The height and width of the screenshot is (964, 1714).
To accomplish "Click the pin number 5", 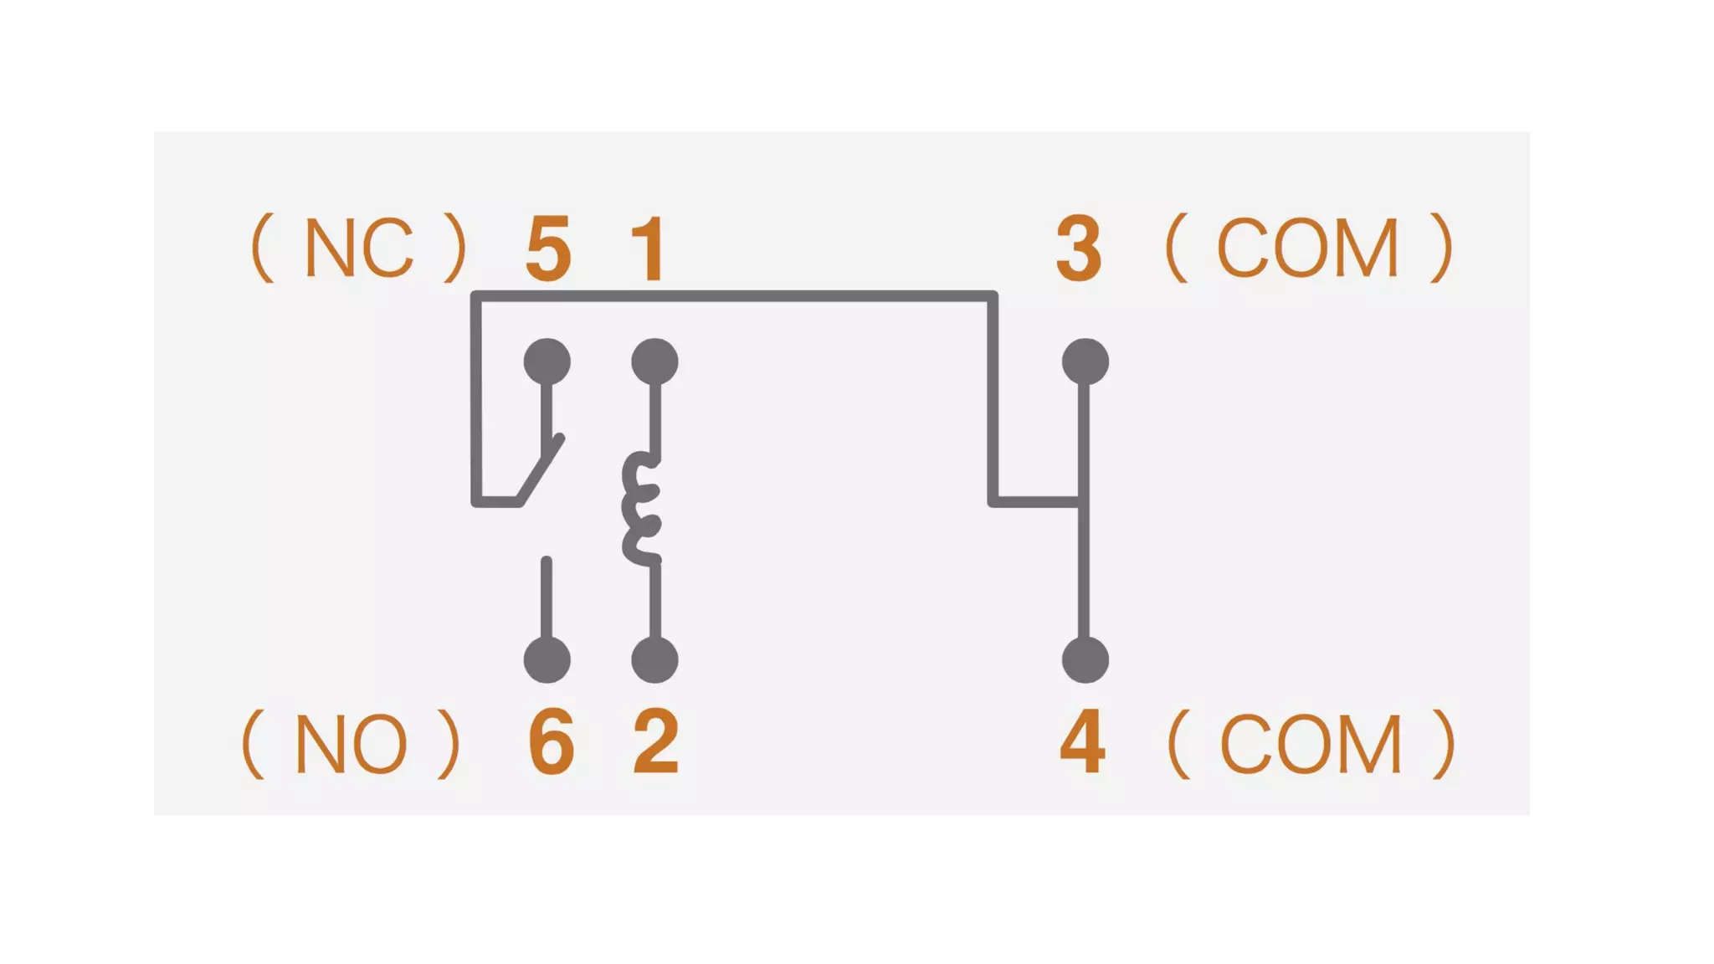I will pyautogui.click(x=548, y=249).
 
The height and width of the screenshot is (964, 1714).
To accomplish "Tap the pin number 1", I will pyautogui.click(x=650, y=249).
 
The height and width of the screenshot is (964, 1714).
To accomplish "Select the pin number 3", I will pyautogui.click(x=1079, y=249).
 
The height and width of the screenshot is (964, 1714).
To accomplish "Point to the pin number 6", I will pyautogui.click(x=552, y=741).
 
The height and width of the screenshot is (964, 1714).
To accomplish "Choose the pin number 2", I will pyautogui.click(x=655, y=741).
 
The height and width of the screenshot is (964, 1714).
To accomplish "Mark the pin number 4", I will pyautogui.click(x=1082, y=741).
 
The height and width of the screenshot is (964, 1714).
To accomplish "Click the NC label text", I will pyautogui.click(x=358, y=249).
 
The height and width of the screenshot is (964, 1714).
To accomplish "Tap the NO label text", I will pyautogui.click(x=351, y=745).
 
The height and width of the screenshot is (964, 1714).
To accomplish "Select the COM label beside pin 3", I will pyautogui.click(x=1307, y=249).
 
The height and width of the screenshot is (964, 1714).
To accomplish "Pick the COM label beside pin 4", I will pyautogui.click(x=1311, y=745).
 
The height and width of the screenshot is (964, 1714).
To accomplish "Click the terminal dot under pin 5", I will pyautogui.click(x=547, y=361).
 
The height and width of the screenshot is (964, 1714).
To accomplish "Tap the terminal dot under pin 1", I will pyautogui.click(x=654, y=361).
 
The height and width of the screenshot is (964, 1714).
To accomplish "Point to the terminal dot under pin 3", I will pyautogui.click(x=1085, y=361).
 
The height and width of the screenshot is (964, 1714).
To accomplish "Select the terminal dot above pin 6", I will pyautogui.click(x=547, y=659).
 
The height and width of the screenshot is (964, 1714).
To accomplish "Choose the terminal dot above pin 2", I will pyautogui.click(x=654, y=659).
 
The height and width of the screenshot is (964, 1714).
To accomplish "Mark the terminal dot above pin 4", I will pyautogui.click(x=1085, y=659).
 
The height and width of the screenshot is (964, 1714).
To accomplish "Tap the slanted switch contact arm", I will pyautogui.click(x=541, y=471).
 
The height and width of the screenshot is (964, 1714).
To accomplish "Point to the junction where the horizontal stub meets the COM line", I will pyautogui.click(x=1083, y=502).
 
